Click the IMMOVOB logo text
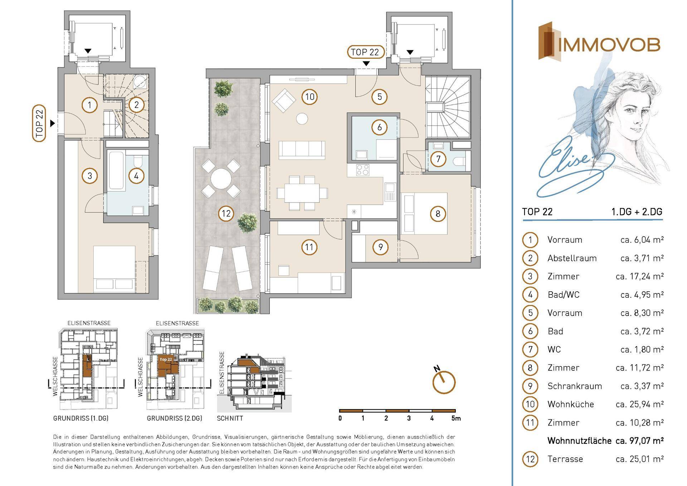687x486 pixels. [x=609, y=45]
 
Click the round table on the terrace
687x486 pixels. [x=221, y=179]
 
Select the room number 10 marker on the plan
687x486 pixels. [x=310, y=97]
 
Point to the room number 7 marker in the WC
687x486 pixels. [x=438, y=159]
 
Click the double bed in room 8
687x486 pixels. [x=424, y=213]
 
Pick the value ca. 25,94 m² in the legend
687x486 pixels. [x=639, y=404]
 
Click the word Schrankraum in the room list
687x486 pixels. [x=575, y=386]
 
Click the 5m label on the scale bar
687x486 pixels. [x=456, y=418]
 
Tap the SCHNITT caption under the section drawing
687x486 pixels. [x=230, y=418]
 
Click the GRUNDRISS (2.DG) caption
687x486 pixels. [x=174, y=418]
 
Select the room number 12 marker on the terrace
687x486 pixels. [x=226, y=214]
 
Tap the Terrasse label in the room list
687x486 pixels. [x=565, y=459]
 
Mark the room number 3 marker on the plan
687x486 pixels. [x=89, y=176]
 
